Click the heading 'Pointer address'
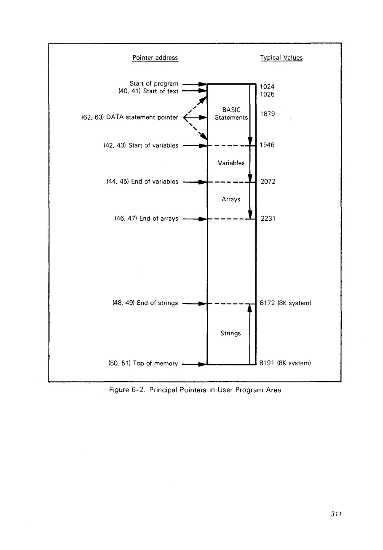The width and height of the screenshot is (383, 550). [155, 58]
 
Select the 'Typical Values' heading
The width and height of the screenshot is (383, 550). [281, 58]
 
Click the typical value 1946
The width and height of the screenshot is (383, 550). [268, 145]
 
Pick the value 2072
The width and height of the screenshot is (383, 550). [268, 182]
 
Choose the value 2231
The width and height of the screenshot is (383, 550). [268, 219]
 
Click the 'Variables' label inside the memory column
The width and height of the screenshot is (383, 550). [231, 163]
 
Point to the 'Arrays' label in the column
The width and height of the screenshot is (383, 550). [231, 199]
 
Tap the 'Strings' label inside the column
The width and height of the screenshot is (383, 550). [230, 333]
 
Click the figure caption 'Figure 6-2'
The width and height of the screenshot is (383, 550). [195, 390]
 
